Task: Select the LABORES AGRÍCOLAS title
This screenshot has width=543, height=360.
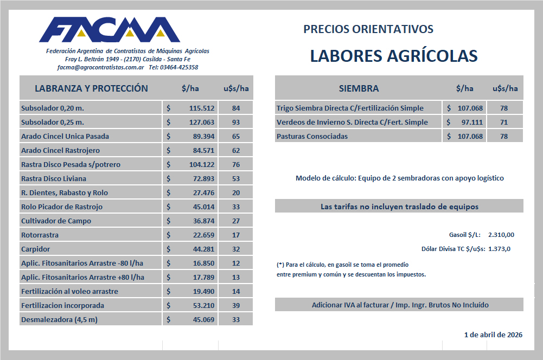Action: pos(393,56)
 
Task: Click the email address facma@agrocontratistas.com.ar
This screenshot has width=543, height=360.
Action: pos(100,67)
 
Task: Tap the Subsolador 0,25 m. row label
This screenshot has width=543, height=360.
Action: pos(53,122)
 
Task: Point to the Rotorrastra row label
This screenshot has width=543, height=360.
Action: pos(40,235)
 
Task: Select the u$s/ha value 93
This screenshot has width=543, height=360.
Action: pos(235,122)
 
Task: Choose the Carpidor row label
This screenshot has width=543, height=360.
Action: pos(35,249)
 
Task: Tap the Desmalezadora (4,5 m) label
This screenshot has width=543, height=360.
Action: pos(59,319)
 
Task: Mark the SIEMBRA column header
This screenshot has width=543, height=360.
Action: pos(359,88)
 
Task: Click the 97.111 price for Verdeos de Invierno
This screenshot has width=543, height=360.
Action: pos(470,122)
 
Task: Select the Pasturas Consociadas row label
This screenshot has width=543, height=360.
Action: pos(312,136)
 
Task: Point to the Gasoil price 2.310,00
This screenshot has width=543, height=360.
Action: pos(501,235)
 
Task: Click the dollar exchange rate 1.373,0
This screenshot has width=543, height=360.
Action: pos(500,249)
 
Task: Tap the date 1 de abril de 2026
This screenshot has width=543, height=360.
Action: pos(493,335)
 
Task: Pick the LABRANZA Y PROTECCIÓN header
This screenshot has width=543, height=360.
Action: pos(91,88)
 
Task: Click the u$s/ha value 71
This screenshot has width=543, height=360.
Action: pos(504,122)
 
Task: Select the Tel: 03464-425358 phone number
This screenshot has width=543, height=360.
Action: pos(173,67)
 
